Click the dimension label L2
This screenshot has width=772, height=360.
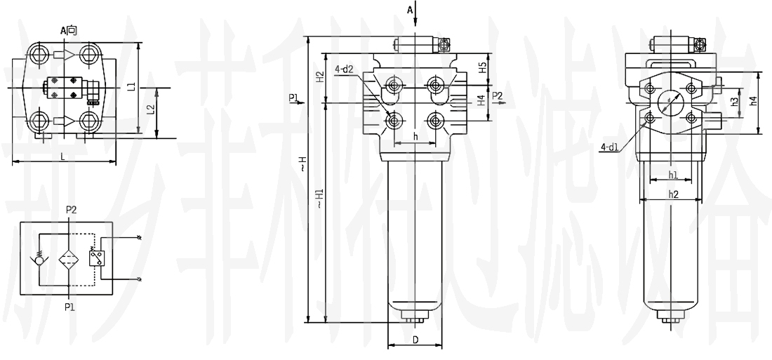point(149,111)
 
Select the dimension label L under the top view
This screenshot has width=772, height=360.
point(62,156)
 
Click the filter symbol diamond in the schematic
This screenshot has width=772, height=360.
point(67,257)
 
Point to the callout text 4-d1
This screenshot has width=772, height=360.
point(609,146)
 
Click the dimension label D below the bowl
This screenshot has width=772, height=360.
point(415,340)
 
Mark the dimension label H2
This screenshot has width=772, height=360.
point(319,77)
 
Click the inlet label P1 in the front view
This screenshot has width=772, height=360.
point(293,98)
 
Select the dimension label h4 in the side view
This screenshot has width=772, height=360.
point(752,100)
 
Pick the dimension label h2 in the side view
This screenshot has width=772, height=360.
point(672,194)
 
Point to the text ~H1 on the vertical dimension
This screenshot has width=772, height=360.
point(319,199)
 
